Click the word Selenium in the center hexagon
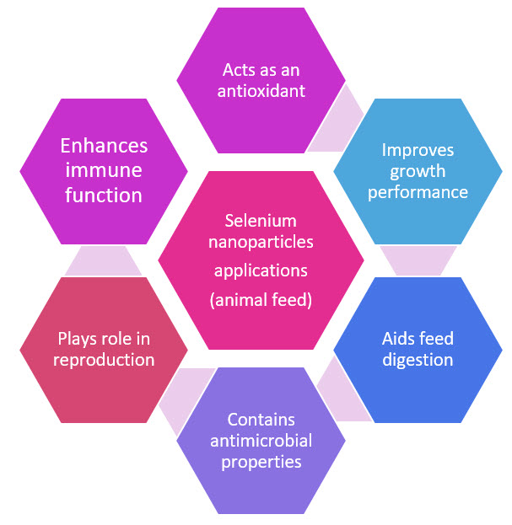[x=261, y=221]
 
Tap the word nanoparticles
[x=261, y=243]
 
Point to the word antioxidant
[x=261, y=90]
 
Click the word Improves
[x=418, y=150]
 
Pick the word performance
[x=418, y=192]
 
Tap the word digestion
[x=418, y=360]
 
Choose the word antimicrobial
[x=261, y=441]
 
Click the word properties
[x=261, y=462]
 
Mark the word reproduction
[x=104, y=360]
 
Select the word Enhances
[x=104, y=146]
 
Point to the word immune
[x=104, y=171]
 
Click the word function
[x=104, y=196]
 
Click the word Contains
[x=261, y=419]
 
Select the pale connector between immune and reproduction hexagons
[x=104, y=260]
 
